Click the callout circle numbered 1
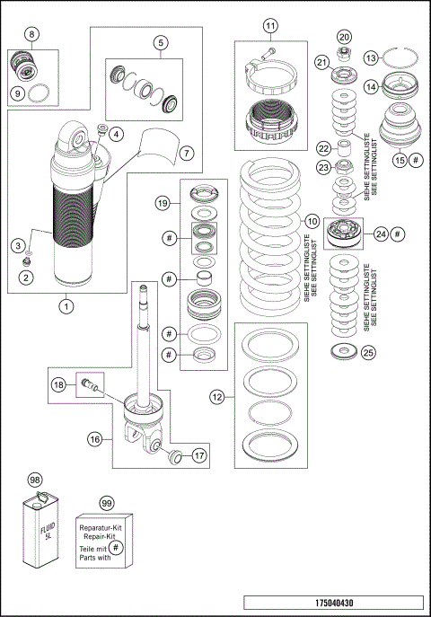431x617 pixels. (66, 304)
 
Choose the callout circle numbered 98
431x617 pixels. (35, 480)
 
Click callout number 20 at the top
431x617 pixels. (344, 37)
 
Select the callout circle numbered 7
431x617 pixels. (186, 152)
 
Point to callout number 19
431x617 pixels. (163, 203)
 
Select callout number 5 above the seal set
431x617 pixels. (162, 42)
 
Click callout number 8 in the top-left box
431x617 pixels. (31, 35)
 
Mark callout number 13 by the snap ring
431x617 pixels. (396, 57)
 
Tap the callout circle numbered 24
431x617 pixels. (380, 234)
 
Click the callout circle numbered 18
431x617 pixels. (58, 384)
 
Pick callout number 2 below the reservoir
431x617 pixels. (26, 278)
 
